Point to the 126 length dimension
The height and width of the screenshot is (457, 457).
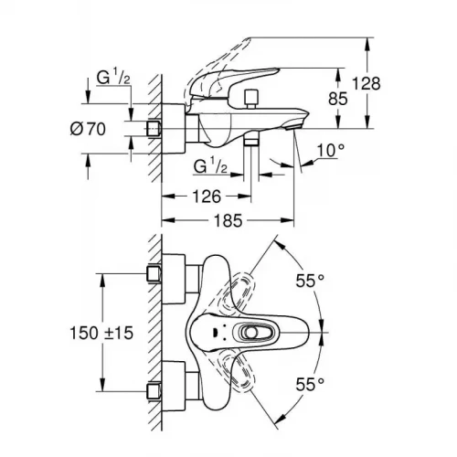pos(206,195)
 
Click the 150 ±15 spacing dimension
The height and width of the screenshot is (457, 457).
pos(101,335)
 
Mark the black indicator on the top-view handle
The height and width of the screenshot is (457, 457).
pos(211,334)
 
